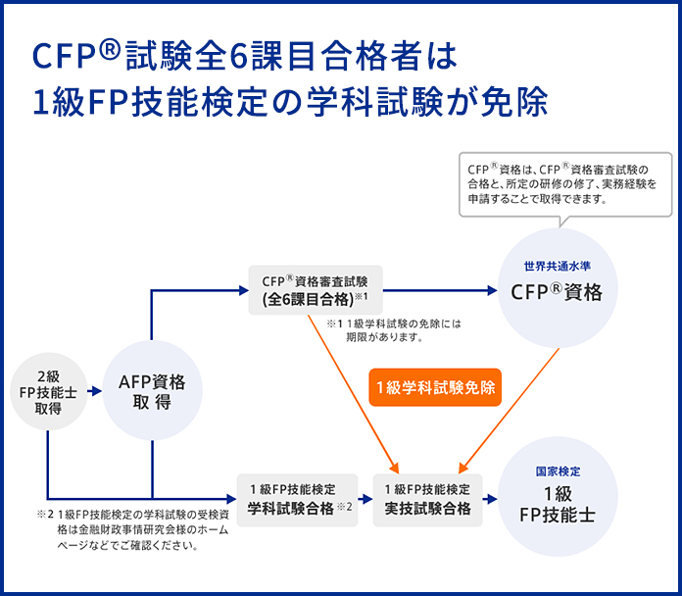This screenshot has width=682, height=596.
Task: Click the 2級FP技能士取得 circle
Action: (x=48, y=391)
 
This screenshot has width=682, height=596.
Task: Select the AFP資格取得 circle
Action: (x=152, y=391)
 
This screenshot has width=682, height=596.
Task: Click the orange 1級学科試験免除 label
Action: (x=436, y=387)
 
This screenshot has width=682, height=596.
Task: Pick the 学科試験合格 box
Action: (x=298, y=499)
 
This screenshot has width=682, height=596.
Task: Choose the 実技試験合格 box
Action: (x=427, y=499)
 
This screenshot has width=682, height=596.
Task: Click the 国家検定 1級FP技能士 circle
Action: (x=557, y=496)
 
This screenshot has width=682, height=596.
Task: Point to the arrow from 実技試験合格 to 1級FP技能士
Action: (x=489, y=499)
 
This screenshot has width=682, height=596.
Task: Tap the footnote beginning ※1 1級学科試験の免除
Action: (x=393, y=329)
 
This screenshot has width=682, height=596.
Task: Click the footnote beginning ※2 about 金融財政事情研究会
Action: (x=132, y=529)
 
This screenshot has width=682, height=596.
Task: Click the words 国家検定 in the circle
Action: (x=557, y=472)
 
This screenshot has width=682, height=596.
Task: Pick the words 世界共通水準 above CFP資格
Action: (x=557, y=265)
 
